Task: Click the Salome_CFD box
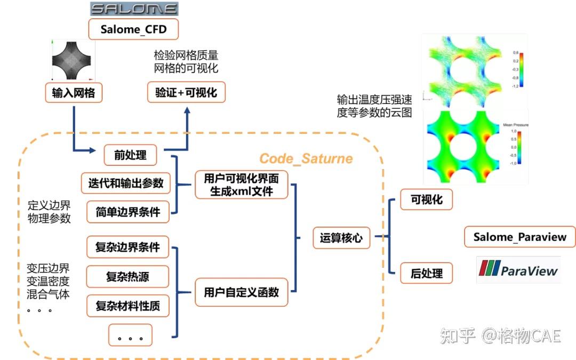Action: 133,29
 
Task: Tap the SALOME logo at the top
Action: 133,9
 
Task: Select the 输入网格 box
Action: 73,93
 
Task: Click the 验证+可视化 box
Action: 186,93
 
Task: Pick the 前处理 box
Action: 131,155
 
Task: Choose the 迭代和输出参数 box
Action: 126,183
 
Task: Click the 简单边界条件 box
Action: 127,212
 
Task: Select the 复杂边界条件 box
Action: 127,247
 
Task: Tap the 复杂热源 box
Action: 127,277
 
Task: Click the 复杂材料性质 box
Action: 127,306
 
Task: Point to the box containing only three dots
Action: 130,335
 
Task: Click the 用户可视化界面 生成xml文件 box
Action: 241,184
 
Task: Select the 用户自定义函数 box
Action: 241,292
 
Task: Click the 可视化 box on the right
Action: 426,200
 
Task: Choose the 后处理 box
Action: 426,273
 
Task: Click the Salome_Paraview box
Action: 520,237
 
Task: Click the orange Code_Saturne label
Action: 306,158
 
